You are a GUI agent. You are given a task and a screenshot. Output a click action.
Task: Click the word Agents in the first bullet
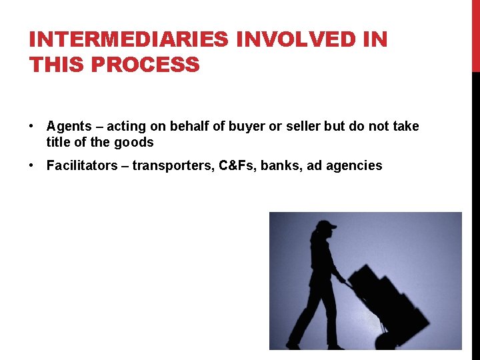(69, 127)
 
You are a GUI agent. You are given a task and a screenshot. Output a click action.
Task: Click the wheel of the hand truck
(385, 341)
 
